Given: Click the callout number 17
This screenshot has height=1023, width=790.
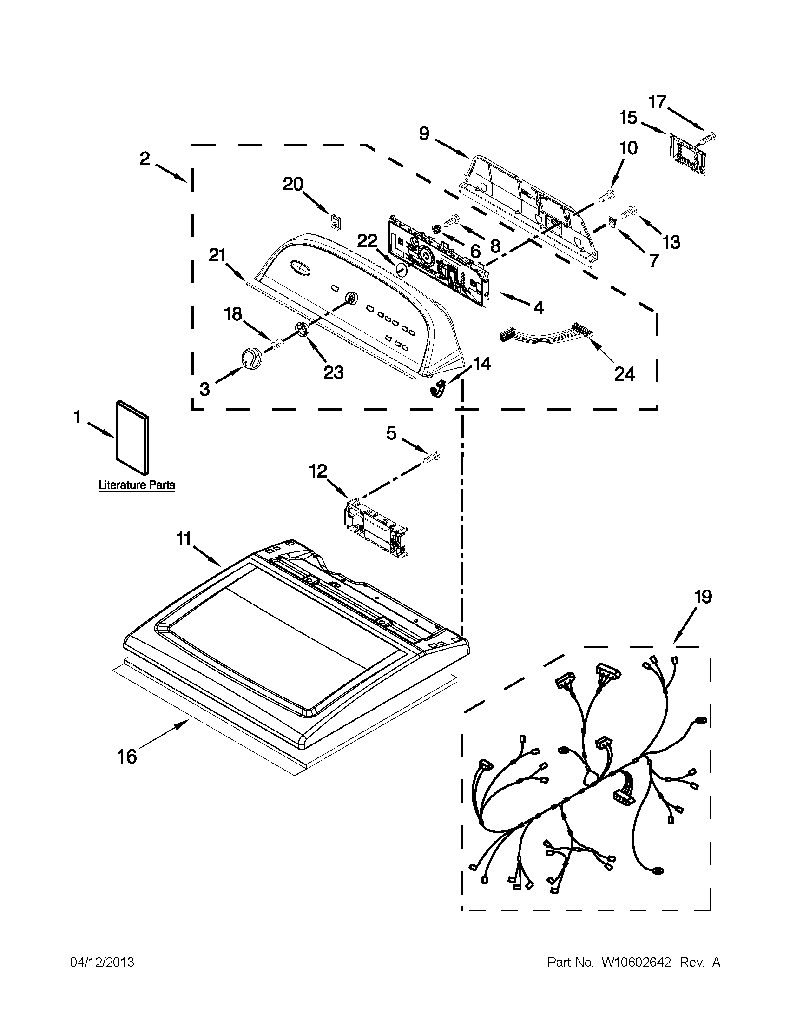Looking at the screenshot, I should click(x=658, y=102).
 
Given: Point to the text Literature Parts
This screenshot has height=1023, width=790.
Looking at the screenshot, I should click(x=136, y=485).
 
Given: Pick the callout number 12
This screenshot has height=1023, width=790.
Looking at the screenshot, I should click(x=318, y=471).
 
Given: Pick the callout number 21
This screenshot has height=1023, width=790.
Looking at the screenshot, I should click(x=217, y=256).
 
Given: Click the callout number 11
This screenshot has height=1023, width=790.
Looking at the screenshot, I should click(x=184, y=539).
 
